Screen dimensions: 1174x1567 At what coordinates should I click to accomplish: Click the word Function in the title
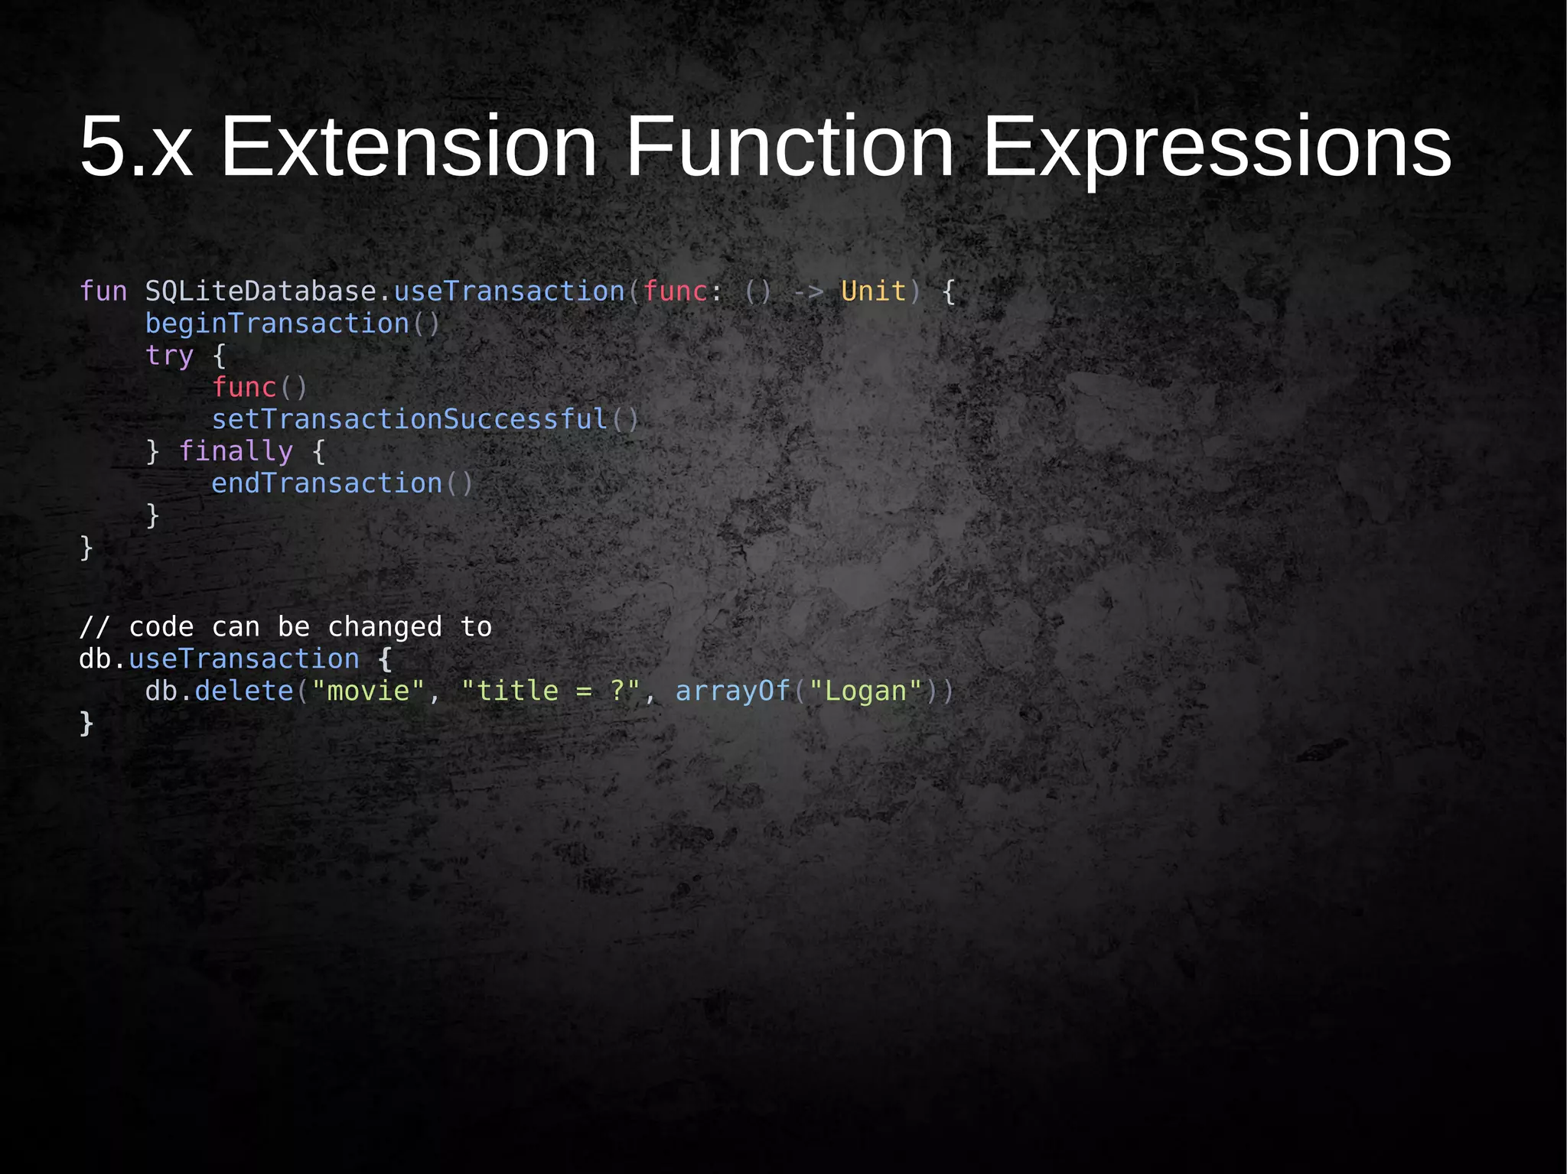(x=790, y=146)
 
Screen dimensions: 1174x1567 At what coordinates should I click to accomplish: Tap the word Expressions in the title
(x=1216, y=146)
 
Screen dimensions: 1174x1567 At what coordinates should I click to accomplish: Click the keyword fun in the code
(x=103, y=291)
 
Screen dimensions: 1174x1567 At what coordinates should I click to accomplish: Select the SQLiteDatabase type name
(x=261, y=291)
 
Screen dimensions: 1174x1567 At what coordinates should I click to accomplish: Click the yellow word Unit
(x=873, y=291)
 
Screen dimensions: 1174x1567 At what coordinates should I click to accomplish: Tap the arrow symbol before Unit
(x=807, y=291)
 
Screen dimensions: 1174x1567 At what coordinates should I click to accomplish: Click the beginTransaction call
(x=277, y=324)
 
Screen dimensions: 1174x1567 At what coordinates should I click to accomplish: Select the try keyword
(x=170, y=356)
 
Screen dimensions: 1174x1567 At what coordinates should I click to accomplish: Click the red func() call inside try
(x=245, y=388)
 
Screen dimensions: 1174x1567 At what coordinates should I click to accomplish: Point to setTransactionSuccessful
(x=409, y=419)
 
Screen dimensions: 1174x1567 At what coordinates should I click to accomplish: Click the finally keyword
(x=236, y=451)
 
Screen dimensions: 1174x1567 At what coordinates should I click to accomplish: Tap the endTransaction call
(x=327, y=483)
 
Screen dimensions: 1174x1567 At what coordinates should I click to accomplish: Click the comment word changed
(x=385, y=627)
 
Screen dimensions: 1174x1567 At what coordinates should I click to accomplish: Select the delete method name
(x=244, y=691)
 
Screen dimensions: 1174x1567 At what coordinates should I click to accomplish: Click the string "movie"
(x=368, y=691)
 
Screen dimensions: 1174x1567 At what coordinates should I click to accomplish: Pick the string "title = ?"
(x=550, y=691)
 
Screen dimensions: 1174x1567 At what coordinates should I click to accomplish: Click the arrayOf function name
(x=732, y=691)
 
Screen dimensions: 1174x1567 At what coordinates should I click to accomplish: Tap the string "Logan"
(x=865, y=691)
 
